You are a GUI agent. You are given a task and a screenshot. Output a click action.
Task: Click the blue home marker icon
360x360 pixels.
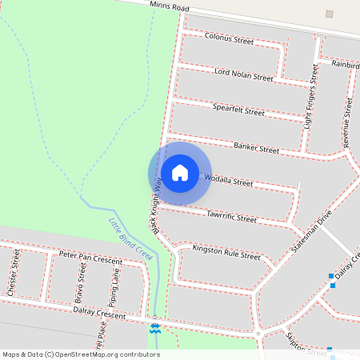[180, 173]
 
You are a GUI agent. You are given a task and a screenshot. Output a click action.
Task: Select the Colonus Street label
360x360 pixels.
[229, 38]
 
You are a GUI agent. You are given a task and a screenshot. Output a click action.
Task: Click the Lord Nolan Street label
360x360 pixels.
[244, 74]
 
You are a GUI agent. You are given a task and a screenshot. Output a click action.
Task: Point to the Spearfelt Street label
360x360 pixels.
[238, 110]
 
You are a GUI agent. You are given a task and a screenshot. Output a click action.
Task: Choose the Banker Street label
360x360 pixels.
[256, 148]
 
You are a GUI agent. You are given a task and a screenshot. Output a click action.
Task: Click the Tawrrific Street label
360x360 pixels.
[231, 217]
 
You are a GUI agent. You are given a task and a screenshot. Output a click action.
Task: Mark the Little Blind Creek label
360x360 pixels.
[130, 238]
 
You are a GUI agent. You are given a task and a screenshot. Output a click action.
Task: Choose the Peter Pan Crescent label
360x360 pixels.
[90, 258]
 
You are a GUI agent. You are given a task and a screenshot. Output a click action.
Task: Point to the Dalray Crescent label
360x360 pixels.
[99, 314]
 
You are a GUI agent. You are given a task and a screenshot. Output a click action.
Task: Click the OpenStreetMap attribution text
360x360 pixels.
[80, 354]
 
